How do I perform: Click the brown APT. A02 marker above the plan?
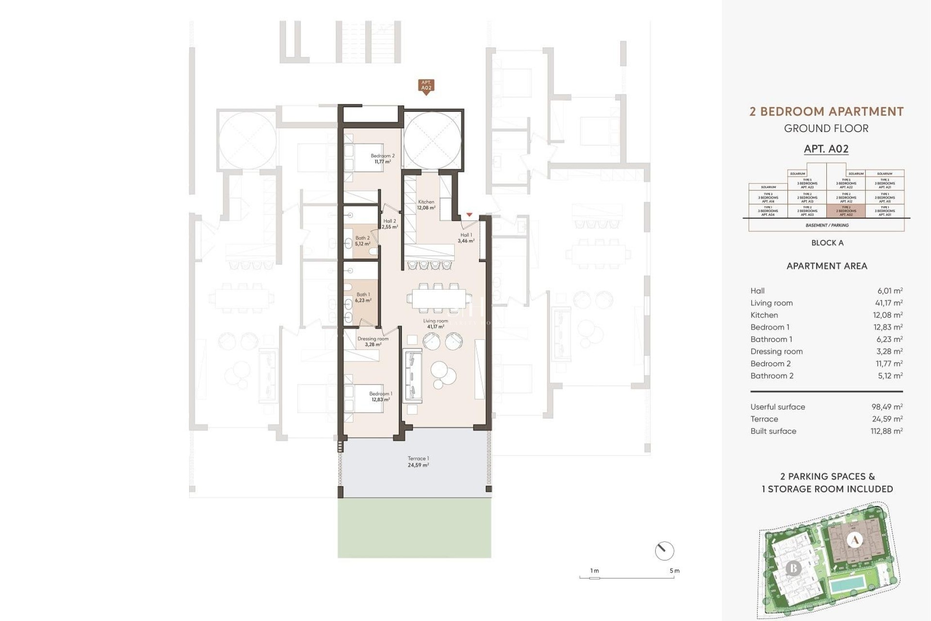click(426, 86)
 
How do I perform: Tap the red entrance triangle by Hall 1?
click(469, 214)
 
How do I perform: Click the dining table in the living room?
click(439, 299)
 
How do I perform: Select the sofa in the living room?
click(412, 375)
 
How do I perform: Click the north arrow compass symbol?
click(664, 551)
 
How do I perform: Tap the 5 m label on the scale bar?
click(674, 571)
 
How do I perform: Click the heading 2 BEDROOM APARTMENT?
click(826, 112)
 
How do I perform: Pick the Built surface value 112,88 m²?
click(887, 431)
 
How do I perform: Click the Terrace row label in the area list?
click(764, 419)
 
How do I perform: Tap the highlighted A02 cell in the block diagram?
click(846, 211)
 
